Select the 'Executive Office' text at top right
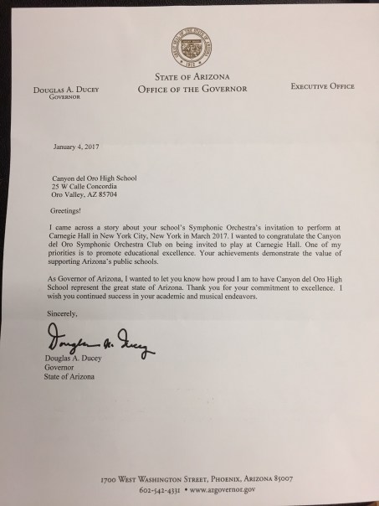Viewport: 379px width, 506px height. pyautogui.click(x=323, y=85)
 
